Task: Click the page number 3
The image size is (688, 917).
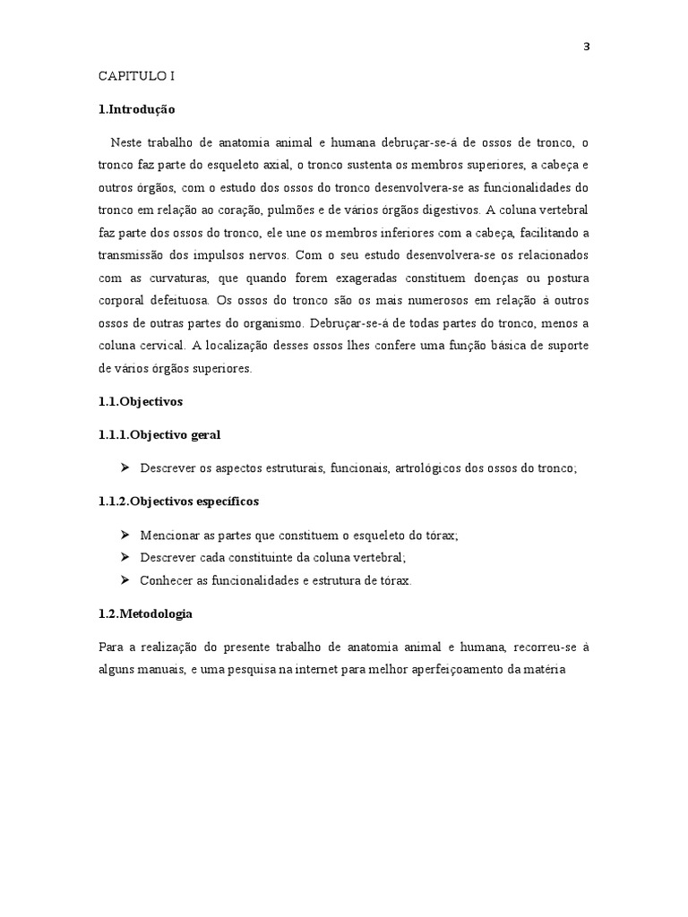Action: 586,47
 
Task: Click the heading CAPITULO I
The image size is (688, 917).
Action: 136,77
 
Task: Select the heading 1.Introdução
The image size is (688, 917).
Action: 137,110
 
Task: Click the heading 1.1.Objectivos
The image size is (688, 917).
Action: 141,402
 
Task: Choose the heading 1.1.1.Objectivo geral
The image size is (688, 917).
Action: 159,435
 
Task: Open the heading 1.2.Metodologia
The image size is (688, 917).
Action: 145,613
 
